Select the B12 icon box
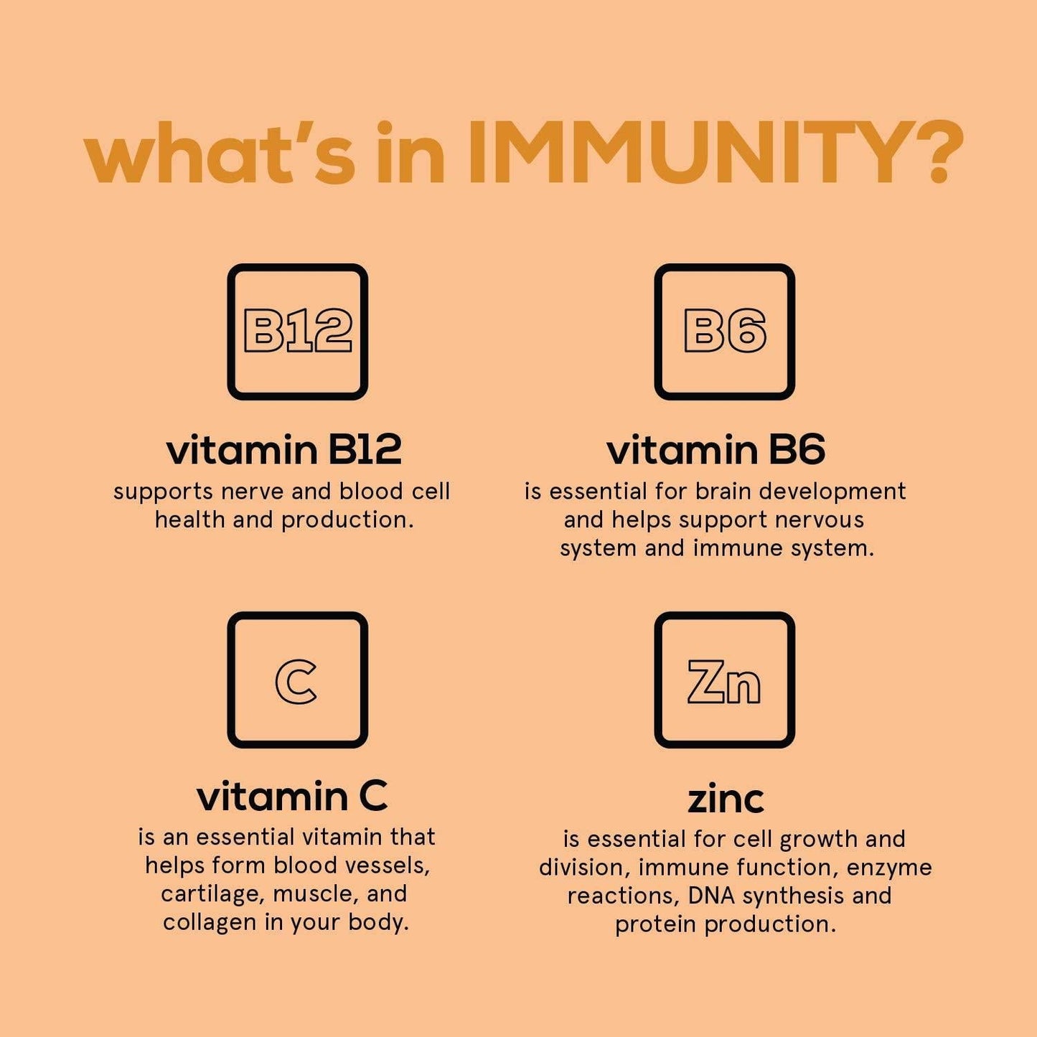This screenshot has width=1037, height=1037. [297, 332]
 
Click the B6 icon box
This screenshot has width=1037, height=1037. [724, 332]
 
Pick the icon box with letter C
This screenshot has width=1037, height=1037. [297, 680]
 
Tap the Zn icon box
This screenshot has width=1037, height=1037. [724, 680]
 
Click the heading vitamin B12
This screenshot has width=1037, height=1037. [283, 450]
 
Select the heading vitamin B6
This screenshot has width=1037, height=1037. [715, 450]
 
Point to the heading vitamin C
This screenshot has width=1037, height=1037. [292, 796]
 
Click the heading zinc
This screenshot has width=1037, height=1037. [726, 799]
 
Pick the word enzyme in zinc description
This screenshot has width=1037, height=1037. [889, 868]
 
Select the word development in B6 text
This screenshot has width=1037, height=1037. [832, 492]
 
